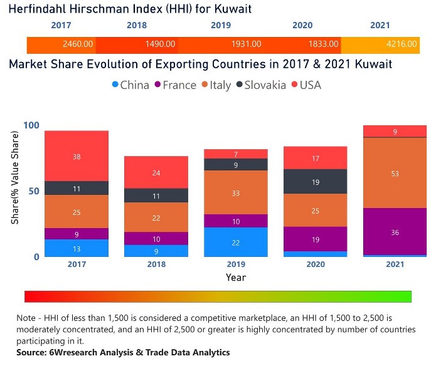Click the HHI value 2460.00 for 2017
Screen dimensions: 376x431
pos(78,45)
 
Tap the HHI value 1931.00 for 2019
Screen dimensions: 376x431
pos(246,45)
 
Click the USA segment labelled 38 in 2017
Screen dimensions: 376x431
pos(77,156)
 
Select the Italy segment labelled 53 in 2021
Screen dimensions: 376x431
pos(395,173)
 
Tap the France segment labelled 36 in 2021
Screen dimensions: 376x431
pos(395,232)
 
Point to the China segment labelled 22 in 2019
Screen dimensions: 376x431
pos(236,242)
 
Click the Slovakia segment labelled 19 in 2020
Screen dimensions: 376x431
pos(316,182)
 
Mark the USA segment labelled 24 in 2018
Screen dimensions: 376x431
pos(156,172)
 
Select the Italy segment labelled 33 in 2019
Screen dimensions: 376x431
pos(236,193)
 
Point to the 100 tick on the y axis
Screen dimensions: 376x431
pos(31,125)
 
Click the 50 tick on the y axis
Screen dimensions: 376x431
pos(35,191)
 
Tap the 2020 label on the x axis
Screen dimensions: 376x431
pos(316,264)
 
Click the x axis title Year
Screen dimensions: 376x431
pos(236,277)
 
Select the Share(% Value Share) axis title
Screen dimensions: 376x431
pos(16,191)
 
